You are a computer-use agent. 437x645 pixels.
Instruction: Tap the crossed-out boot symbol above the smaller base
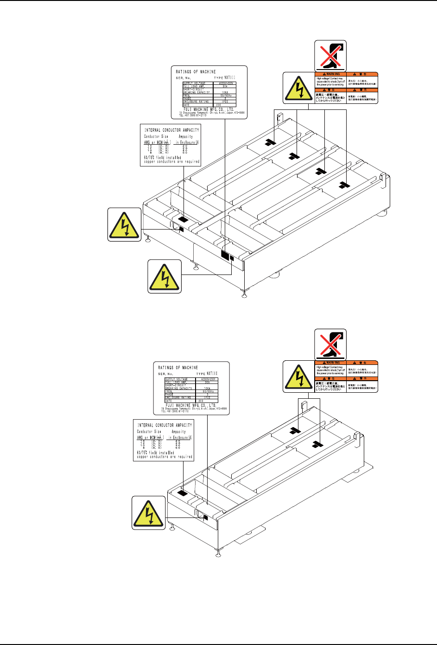[330, 344]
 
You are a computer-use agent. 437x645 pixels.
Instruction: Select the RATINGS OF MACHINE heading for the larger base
[196, 72]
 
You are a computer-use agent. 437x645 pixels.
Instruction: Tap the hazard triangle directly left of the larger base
[125, 224]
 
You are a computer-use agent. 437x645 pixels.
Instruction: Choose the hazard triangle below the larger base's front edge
[165, 276]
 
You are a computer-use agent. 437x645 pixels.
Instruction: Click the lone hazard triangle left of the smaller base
[149, 512]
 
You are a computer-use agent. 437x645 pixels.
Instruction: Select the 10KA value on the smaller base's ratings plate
[207, 388]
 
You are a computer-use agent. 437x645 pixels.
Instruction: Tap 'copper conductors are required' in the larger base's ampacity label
[172, 162]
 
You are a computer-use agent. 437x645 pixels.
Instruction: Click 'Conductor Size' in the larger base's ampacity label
[156, 137]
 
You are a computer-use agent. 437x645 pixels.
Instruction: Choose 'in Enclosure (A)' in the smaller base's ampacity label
[180, 437]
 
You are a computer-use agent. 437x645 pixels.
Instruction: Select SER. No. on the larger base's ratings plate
[184, 78]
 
